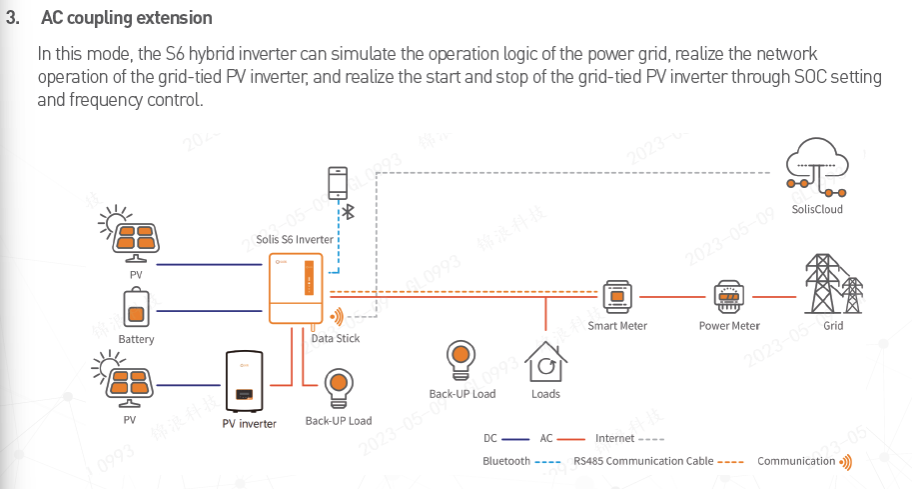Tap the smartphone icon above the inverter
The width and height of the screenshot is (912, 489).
tap(338, 183)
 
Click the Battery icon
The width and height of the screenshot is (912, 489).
tap(137, 308)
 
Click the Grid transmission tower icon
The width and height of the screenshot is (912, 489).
tap(831, 284)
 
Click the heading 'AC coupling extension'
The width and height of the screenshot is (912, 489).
tap(126, 19)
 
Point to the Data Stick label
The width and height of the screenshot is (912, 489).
tap(336, 339)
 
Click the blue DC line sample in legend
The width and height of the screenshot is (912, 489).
tap(515, 439)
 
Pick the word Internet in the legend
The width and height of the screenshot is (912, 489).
tap(614, 438)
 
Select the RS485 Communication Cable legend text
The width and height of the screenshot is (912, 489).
tap(643, 461)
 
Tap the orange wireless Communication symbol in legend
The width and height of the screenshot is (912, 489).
tap(846, 461)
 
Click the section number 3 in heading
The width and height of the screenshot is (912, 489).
tap(11, 19)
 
